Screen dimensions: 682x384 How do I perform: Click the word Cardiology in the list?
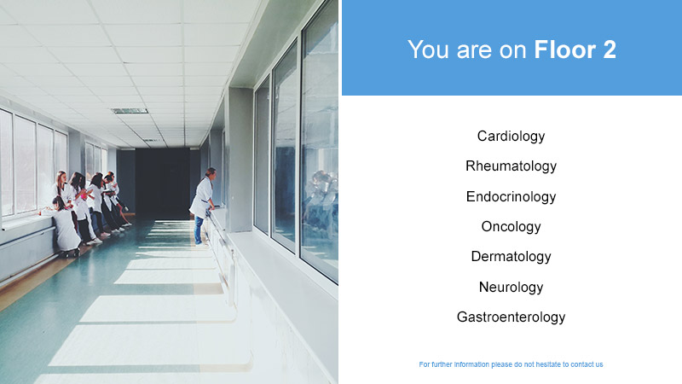(x=511, y=137)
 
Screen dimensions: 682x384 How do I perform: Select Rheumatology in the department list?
(x=511, y=166)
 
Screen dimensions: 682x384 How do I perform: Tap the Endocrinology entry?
(x=511, y=197)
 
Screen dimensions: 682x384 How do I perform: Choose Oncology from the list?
(x=511, y=227)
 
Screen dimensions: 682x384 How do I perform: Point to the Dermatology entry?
(x=511, y=257)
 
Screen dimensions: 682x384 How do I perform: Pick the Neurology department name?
(x=511, y=287)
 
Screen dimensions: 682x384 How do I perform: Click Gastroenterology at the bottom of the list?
(x=511, y=317)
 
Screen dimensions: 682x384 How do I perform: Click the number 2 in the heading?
(x=610, y=49)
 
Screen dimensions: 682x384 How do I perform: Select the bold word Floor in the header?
(x=564, y=49)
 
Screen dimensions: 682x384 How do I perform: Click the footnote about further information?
(x=511, y=364)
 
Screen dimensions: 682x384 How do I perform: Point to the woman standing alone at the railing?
(x=204, y=206)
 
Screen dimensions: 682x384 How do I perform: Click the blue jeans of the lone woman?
(x=199, y=230)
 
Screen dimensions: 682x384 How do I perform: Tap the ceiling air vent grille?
(x=130, y=111)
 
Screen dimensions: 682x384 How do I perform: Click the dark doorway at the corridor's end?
(x=162, y=183)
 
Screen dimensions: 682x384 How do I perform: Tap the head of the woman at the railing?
(x=211, y=172)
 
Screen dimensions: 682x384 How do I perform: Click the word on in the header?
(x=513, y=50)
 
